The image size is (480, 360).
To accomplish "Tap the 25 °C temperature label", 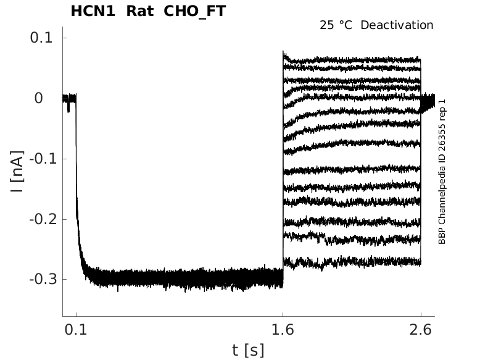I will coord(337,25).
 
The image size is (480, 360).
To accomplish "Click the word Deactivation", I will coord(397,25).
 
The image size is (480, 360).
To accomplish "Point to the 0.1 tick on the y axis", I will coord(42,38).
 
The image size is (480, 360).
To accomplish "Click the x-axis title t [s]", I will coord(248,350).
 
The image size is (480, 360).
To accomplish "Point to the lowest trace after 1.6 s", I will coord(352,263).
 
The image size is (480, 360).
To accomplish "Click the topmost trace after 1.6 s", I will coord(352,60).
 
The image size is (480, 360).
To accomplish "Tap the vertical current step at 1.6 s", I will coord(283,185).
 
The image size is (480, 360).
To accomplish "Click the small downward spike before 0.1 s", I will coord(68,109).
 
